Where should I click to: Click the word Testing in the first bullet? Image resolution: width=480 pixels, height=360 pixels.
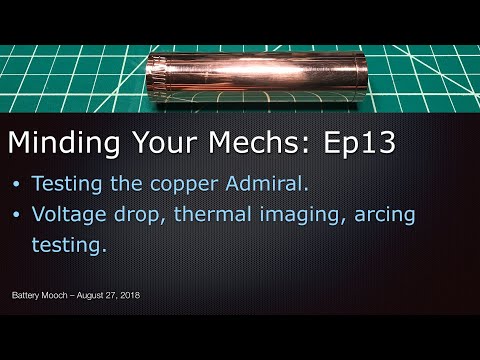67,187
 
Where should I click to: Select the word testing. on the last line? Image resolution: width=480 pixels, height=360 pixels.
69,245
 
